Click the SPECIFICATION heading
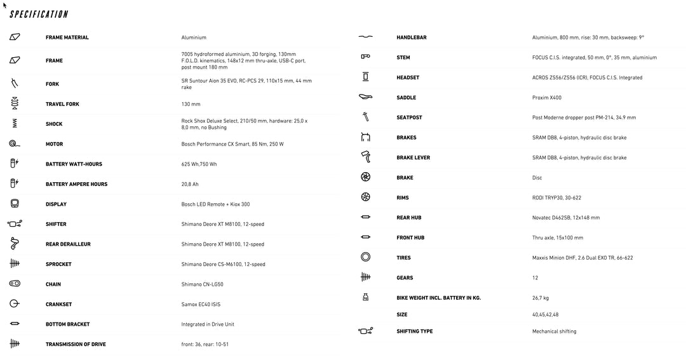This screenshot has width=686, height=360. coord(39,14)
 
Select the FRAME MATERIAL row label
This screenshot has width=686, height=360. coord(67,37)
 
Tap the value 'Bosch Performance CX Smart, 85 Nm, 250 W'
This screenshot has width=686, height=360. coord(232,144)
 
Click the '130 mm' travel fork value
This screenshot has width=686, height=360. coord(191,104)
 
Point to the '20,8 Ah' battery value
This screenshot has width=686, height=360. coord(191,184)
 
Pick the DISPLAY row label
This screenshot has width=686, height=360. coord(56,204)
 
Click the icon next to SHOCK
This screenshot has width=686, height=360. coord(15,124)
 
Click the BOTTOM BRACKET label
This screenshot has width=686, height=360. coord(67,324)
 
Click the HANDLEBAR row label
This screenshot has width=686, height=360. coord(412,37)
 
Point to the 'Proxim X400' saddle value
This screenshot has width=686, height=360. coord(547,98)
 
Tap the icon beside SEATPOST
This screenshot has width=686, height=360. coord(365,117)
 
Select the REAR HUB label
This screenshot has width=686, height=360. coord(408,218)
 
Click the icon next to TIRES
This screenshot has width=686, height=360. coord(365,258)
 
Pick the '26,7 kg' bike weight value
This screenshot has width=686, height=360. coord(541,297)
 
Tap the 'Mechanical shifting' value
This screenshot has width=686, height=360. coord(554,331)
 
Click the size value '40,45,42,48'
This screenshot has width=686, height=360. coord(545,315)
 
